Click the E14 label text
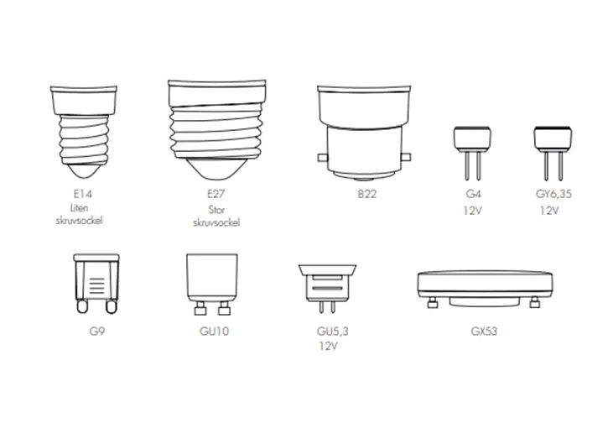click(x=82, y=194)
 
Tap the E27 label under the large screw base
click(x=216, y=194)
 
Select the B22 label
click(x=366, y=194)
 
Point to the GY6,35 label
click(x=553, y=194)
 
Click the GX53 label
click(x=484, y=331)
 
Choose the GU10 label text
click(x=214, y=331)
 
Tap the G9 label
click(x=96, y=331)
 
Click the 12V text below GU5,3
click(x=328, y=346)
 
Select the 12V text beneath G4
click(x=473, y=211)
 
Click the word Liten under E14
click(x=79, y=208)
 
